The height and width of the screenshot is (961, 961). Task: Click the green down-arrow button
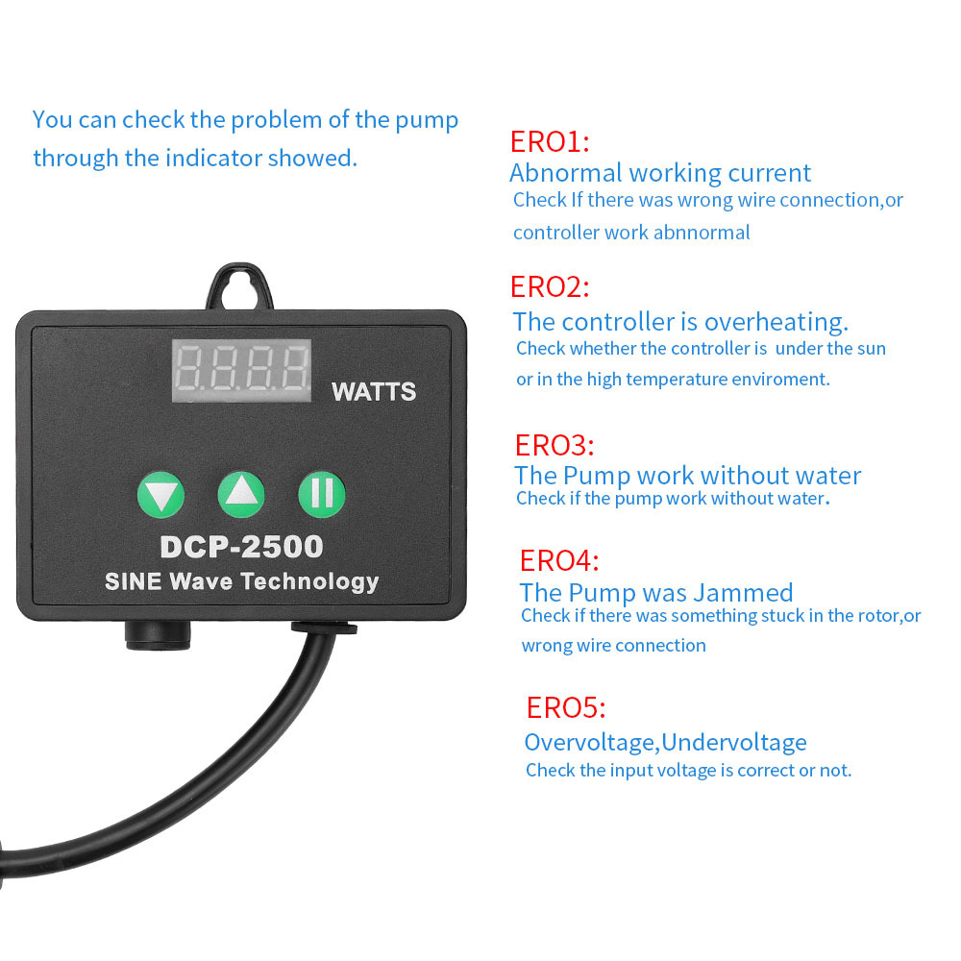click(161, 495)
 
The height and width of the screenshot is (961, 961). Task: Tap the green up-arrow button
click(241, 494)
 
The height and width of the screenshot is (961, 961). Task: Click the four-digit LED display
click(241, 370)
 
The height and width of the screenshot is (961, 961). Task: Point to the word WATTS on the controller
click(373, 392)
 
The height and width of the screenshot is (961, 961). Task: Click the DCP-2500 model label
click(241, 547)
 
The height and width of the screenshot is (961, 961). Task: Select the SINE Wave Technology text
click(242, 581)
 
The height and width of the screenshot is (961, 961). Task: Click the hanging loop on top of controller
click(239, 286)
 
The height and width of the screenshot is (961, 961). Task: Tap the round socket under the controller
click(159, 635)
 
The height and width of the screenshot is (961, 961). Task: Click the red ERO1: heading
click(550, 141)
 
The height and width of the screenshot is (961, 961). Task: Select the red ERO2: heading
click(550, 286)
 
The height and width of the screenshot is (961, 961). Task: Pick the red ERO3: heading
click(554, 446)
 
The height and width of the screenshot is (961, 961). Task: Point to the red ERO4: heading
click(559, 560)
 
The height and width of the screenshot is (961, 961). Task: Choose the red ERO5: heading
click(566, 708)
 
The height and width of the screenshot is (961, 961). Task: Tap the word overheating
click(776, 322)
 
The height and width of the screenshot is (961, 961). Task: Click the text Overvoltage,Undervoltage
click(666, 742)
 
